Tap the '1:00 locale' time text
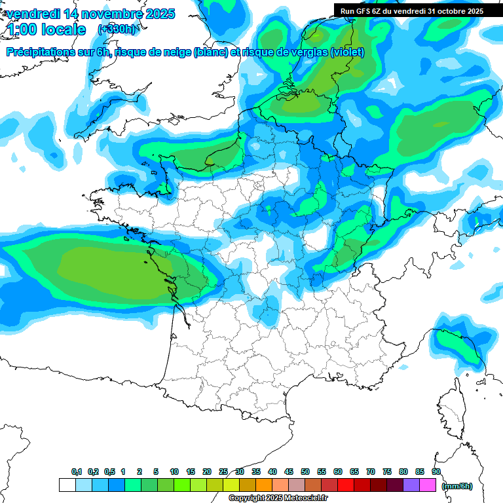[x=47, y=29]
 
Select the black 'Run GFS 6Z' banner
[x=411, y=10]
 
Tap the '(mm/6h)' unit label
[x=456, y=485]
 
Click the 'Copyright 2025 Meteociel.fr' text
[x=278, y=498]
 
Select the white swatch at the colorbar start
[x=67, y=485]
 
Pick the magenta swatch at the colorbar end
[x=428, y=485]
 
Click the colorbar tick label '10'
[x=174, y=472]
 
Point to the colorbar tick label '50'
[x=305, y=472]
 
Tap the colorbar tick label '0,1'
[x=77, y=472]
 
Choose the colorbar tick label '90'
[x=436, y=472]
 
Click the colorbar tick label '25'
[x=223, y=472]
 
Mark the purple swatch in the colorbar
[x=411, y=485]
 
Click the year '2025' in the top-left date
[x=157, y=14]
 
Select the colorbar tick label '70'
[x=371, y=472]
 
